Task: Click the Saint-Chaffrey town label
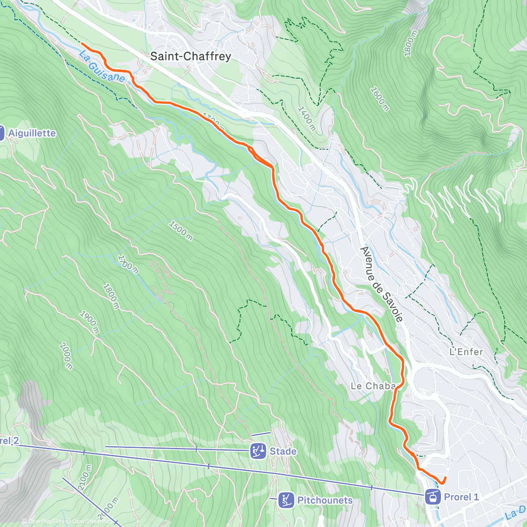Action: pos(190,56)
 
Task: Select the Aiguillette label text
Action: pos(32,133)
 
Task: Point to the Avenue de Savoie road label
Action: pos(381,284)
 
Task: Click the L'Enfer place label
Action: pos(466,352)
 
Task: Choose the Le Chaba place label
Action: pos(373,386)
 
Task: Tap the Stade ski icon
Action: pos(258,451)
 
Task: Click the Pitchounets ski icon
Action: pos(286,500)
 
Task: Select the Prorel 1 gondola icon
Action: pos(433,497)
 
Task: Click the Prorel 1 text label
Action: pos(461,497)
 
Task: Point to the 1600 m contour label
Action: pos(379,99)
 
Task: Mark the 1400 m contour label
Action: pos(307,118)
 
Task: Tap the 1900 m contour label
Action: pos(89,323)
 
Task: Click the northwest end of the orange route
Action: pos(82,43)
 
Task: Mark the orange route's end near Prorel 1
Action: pos(445,477)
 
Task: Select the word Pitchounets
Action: pos(325,500)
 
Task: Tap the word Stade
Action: pos(283,451)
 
